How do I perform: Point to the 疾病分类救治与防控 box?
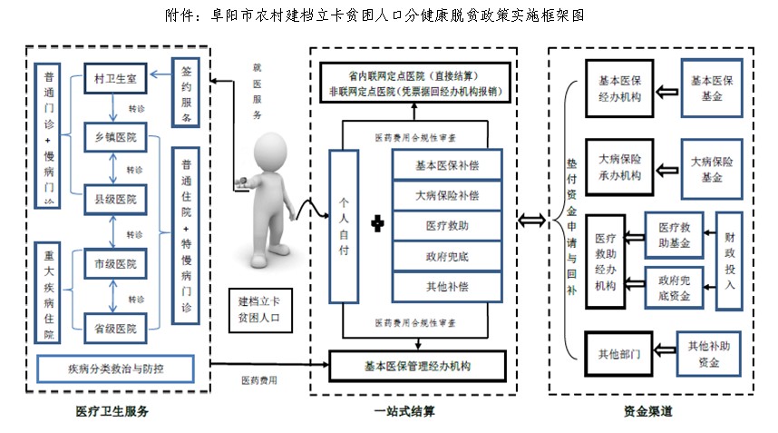[117, 369]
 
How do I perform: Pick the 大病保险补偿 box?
[446, 194]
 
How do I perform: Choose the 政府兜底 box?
[446, 255]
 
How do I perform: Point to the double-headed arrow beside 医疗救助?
[531, 220]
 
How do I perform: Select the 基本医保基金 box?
[713, 88]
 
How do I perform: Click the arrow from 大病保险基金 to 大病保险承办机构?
[667, 170]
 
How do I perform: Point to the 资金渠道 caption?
[647, 411]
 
